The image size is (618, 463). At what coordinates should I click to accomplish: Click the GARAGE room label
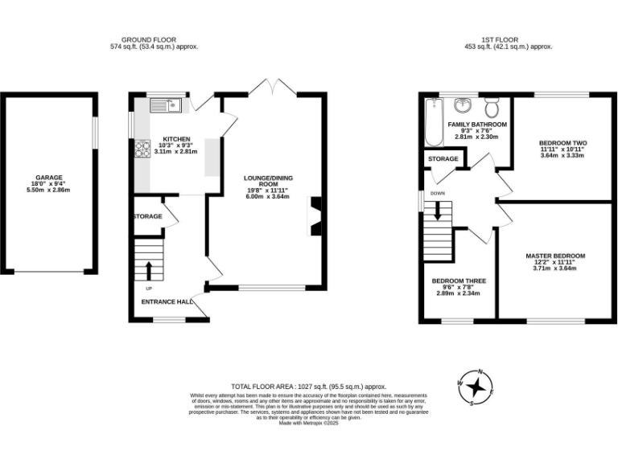click(48, 178)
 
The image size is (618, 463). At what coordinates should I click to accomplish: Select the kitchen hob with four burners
click(142, 148)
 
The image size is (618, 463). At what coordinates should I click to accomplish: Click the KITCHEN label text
click(176, 139)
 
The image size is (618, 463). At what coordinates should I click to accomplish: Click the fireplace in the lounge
click(315, 215)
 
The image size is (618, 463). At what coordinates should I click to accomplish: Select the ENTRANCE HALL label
click(166, 301)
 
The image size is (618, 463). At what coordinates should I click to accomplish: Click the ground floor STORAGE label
click(146, 217)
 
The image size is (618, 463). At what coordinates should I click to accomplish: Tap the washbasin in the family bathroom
click(463, 107)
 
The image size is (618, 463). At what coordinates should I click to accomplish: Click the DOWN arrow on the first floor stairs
click(438, 211)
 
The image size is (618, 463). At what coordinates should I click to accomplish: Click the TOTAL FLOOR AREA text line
click(309, 387)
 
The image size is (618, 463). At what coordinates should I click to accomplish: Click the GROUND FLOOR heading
click(148, 39)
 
